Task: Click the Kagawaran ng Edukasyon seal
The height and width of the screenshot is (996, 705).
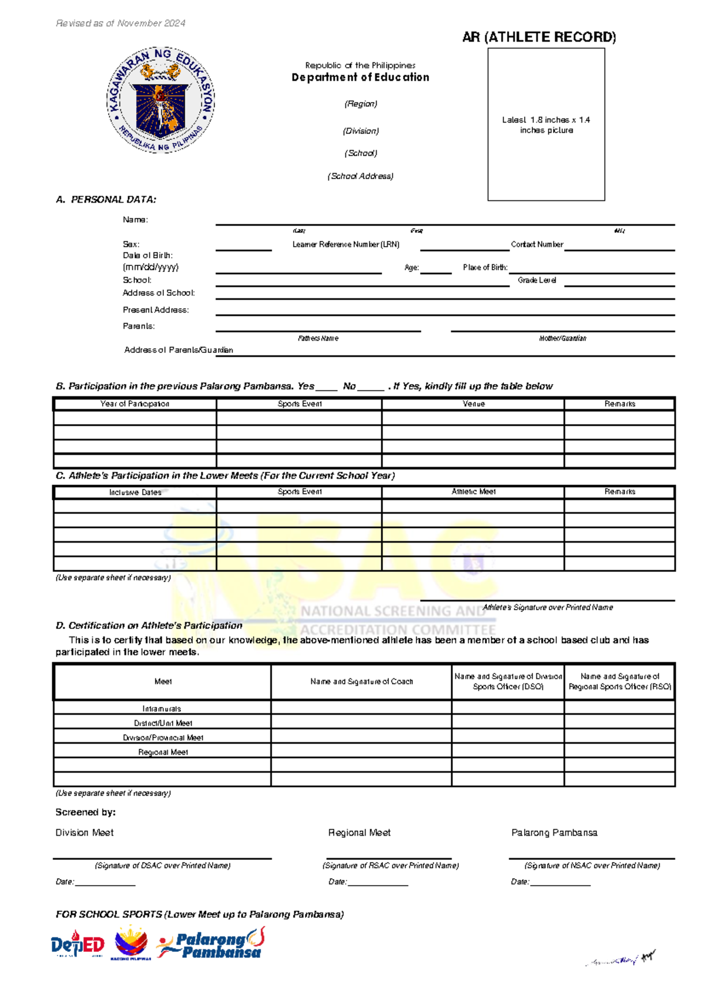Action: pyautogui.click(x=160, y=100)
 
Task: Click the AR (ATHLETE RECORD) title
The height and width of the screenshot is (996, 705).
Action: pyautogui.click(x=539, y=38)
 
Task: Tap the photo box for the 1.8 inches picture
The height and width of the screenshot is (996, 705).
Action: pyautogui.click(x=546, y=124)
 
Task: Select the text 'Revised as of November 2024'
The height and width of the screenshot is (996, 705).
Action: pyautogui.click(x=120, y=23)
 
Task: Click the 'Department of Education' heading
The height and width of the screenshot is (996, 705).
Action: pyautogui.click(x=360, y=78)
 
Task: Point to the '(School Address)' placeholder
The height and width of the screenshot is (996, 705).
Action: pyautogui.click(x=360, y=176)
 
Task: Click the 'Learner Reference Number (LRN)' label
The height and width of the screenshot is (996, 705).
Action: pyautogui.click(x=345, y=244)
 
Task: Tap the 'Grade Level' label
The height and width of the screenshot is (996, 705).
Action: pyautogui.click(x=536, y=281)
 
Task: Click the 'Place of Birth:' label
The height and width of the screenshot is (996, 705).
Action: pyautogui.click(x=485, y=268)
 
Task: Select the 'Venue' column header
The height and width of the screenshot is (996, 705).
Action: pyautogui.click(x=473, y=404)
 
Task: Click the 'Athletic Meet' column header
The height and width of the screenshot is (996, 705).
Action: pyautogui.click(x=473, y=492)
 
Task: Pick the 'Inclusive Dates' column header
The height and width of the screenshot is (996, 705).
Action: pyautogui.click(x=135, y=493)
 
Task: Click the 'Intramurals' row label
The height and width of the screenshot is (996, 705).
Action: pyautogui.click(x=162, y=709)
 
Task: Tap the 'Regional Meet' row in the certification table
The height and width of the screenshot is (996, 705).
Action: pyautogui.click(x=163, y=752)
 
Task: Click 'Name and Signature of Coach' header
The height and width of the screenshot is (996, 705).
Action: pyautogui.click(x=361, y=682)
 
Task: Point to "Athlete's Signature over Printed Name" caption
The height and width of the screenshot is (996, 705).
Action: pyautogui.click(x=548, y=608)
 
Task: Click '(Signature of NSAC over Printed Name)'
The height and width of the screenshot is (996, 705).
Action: pyautogui.click(x=592, y=866)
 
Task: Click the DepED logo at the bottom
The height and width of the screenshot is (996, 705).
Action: pyautogui.click(x=77, y=944)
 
